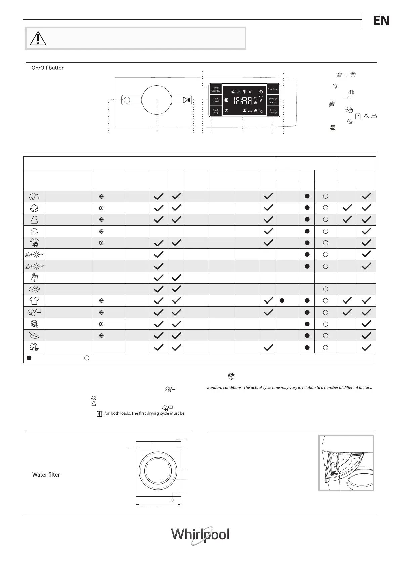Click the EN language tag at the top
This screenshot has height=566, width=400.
pos(381,21)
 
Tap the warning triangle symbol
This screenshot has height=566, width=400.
pos(38,38)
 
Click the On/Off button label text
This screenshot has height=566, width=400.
pos(48,68)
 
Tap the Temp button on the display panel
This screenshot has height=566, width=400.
pos(216,89)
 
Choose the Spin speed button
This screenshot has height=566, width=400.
pos(216,100)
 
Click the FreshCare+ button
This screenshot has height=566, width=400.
pos(273,89)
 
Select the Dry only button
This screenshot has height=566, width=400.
pos(273,100)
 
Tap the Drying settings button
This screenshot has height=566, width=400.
pos(273,111)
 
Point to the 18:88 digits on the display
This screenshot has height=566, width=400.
pos(243,100)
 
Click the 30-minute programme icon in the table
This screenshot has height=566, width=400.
pos(34,231)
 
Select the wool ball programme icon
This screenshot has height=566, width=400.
pos(34,324)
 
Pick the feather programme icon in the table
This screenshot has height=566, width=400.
pos(34,335)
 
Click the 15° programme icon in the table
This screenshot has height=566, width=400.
pos(34,347)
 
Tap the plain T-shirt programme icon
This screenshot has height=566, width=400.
pos(34,300)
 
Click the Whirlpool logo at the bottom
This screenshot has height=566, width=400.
pos(200,535)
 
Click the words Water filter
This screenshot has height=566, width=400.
pos(46,475)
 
